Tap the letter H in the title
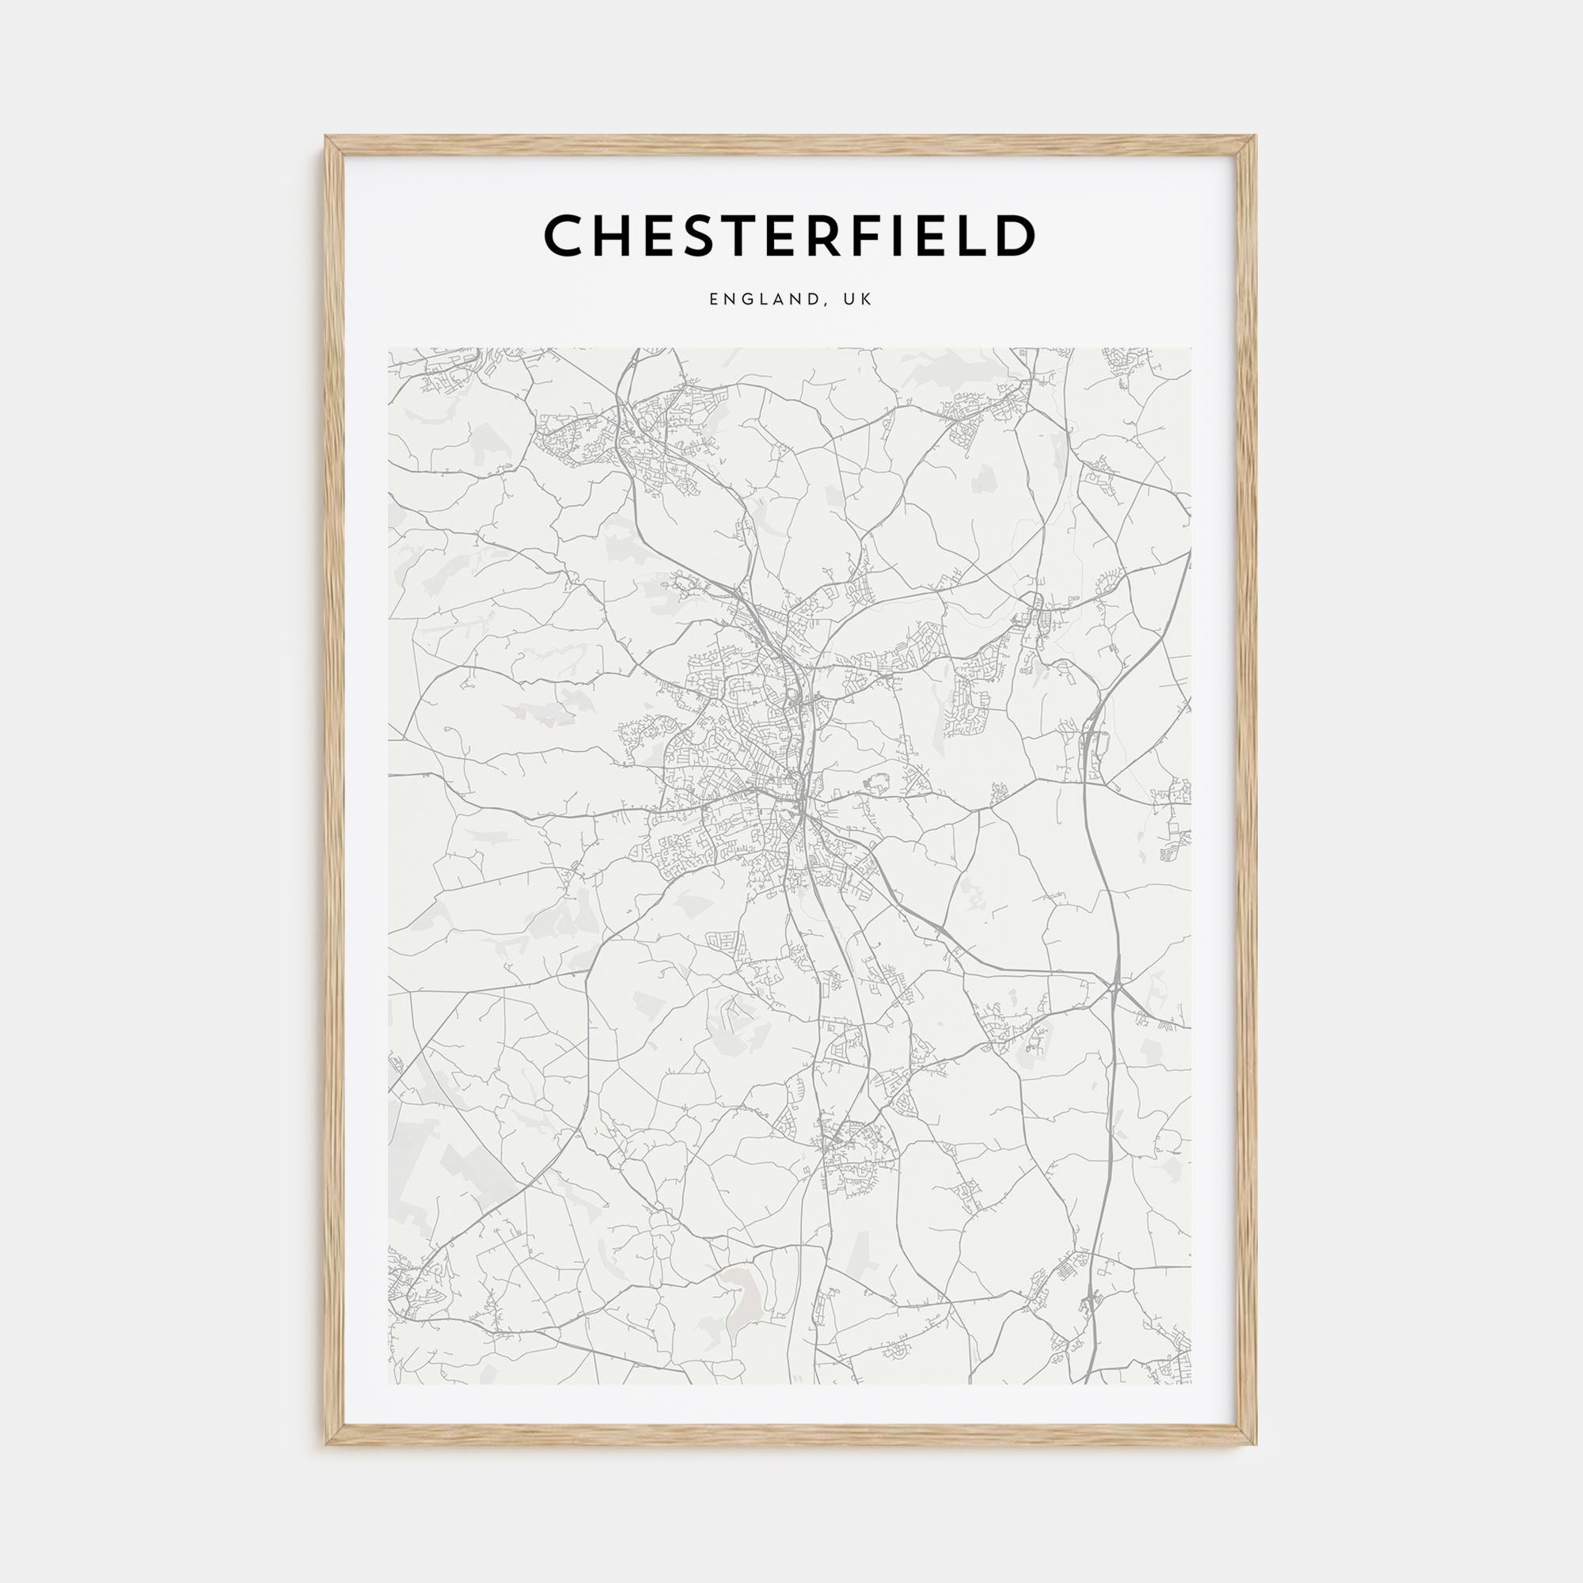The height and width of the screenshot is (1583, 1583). tap(613, 235)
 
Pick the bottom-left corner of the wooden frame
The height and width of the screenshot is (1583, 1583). tap(326, 1444)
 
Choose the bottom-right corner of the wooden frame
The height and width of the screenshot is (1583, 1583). tap(1256, 1444)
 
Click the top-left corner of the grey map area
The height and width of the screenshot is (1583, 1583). tap(389, 348)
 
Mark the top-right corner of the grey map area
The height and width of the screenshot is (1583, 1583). tap(1192, 348)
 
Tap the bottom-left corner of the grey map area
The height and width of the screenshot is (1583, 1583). tap(389, 1384)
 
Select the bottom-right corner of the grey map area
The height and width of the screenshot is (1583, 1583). tap(1192, 1384)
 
